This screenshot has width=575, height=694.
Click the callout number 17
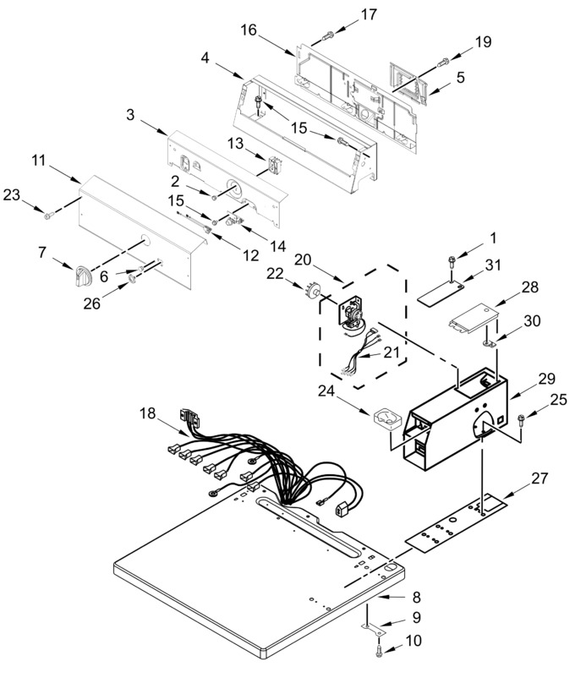point(369,14)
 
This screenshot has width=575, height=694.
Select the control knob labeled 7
point(83,276)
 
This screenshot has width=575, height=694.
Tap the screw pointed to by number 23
point(49,216)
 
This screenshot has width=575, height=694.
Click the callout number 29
point(546,379)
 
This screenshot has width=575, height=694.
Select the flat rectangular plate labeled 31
point(441,294)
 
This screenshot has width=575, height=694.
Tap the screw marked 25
point(521,419)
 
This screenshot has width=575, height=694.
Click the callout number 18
point(147,413)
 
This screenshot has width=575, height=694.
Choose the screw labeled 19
point(443,63)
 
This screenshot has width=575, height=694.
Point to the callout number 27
point(539,478)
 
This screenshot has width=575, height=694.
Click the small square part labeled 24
point(388,418)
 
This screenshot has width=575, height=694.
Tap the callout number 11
point(39,161)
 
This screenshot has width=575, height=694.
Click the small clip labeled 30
point(489,342)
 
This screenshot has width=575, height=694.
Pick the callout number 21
point(392,352)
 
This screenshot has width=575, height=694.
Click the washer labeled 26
point(131,278)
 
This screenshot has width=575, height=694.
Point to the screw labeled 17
point(327,36)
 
